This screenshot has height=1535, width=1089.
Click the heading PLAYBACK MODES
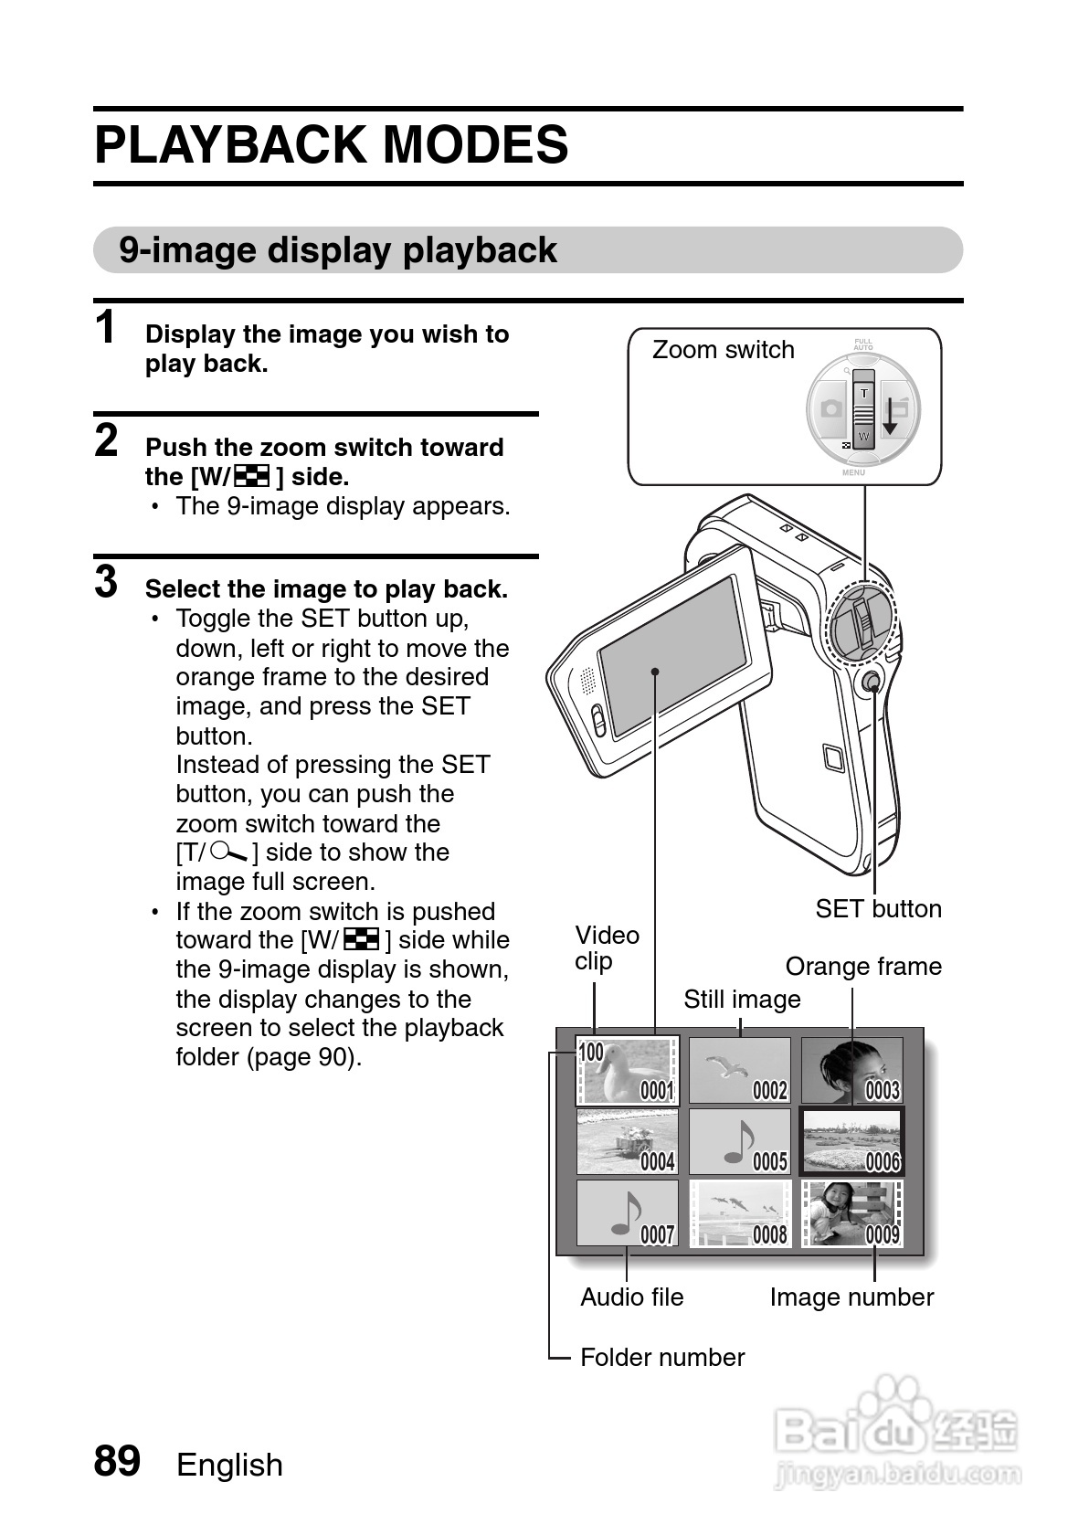point(331,145)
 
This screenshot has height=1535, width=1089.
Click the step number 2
point(107,440)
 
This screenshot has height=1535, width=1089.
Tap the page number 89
point(117,1461)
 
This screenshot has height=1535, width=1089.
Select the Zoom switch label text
point(723,350)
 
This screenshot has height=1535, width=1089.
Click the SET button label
point(878,909)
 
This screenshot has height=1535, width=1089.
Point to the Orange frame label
point(862,967)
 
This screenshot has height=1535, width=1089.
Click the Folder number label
point(662,1358)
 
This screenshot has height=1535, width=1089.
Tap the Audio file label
point(631,1297)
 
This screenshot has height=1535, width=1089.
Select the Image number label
point(851,1297)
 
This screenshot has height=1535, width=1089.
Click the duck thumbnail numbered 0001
point(627,1070)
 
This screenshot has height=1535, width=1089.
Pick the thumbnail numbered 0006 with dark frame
point(851,1141)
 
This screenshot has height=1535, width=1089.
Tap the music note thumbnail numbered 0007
point(627,1213)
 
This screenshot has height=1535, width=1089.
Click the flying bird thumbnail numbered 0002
point(739,1070)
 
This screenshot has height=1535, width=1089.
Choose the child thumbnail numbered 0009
point(851,1213)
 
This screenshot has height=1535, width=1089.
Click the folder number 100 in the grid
point(591,1053)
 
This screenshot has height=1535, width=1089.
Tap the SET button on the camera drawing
point(872,682)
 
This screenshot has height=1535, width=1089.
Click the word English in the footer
point(229,1465)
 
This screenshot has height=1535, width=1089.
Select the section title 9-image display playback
point(338,250)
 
